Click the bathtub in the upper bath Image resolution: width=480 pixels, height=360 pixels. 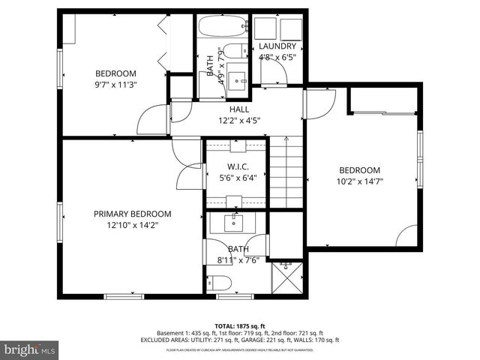[x=223, y=28]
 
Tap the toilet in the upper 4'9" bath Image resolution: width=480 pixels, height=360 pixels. [x=232, y=52]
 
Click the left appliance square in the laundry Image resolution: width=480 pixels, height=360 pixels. [x=265, y=29]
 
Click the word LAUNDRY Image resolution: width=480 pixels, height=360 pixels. [x=277, y=46]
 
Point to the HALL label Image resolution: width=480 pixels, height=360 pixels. [x=239, y=109]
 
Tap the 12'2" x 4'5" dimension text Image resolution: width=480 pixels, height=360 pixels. [x=239, y=120]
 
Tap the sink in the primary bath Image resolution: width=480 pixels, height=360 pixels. [x=234, y=223]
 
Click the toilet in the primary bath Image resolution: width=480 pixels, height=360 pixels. [x=217, y=283]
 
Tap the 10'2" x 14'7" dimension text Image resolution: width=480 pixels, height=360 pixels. [x=358, y=181]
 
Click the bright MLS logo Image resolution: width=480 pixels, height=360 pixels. [x=30, y=349]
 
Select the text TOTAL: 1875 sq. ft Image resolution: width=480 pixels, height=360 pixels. [x=240, y=325]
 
